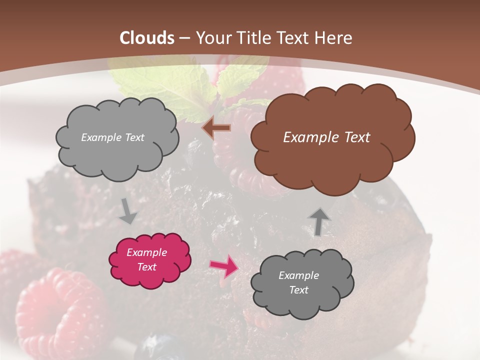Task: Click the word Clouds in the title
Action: click(x=147, y=38)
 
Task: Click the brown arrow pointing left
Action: click(x=216, y=128)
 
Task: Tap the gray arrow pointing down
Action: click(x=128, y=211)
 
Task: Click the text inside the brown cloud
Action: click(x=326, y=137)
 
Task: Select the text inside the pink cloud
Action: click(x=147, y=260)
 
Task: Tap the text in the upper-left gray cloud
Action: click(x=112, y=137)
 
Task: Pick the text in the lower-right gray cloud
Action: click(x=298, y=282)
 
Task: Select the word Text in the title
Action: click(x=295, y=38)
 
